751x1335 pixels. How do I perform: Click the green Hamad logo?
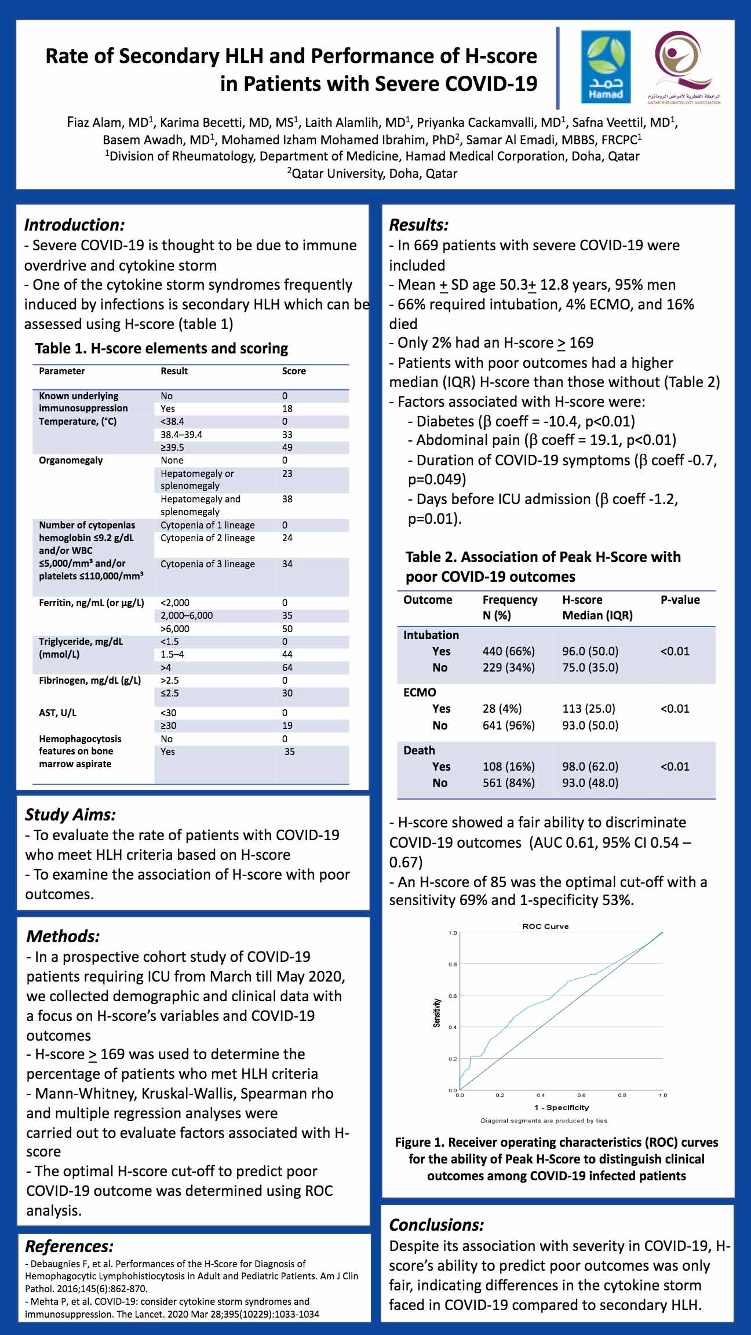(606, 67)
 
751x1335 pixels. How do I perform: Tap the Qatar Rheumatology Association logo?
(684, 67)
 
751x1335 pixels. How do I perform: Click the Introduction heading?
(74, 225)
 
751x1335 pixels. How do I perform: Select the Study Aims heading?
(70, 815)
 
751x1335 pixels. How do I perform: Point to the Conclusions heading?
(436, 1225)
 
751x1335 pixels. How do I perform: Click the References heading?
(69, 1246)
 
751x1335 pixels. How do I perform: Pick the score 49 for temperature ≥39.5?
(287, 447)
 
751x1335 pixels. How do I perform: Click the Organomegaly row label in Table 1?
(71, 460)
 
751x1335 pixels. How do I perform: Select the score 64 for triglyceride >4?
(287, 667)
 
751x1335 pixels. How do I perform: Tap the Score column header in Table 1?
(294, 371)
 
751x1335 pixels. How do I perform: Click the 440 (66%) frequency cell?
(509, 651)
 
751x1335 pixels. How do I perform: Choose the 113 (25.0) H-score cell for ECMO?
(589, 709)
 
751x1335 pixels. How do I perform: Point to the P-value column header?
(680, 600)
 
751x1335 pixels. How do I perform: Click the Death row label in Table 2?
(419, 750)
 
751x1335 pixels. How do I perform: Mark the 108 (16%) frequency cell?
(509, 767)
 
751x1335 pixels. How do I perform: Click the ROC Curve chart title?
(545, 927)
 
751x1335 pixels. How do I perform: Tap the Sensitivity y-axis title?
(437, 1013)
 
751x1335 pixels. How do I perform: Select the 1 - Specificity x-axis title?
(562, 1107)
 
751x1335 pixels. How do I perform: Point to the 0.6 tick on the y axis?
(453, 996)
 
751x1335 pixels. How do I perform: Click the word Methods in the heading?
(63, 936)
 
